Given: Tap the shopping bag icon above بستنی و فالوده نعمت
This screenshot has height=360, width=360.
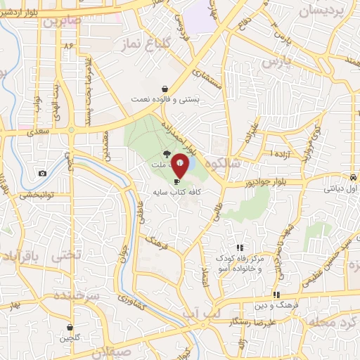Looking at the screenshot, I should point(165,89).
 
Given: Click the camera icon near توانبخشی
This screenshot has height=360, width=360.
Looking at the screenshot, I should point(43,174).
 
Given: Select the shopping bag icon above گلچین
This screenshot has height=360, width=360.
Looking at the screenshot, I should point(70,327).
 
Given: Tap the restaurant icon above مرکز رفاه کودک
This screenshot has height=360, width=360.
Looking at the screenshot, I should point(240,247).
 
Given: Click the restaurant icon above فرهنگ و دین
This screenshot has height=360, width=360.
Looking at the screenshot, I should point(276,295).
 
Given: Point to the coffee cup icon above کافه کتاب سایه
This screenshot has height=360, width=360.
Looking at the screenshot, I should point(176,181).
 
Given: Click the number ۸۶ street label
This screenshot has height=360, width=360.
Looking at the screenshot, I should point(68,46).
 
